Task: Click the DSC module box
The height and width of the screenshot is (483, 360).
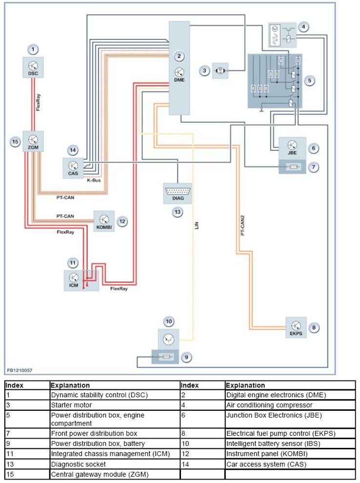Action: pyautogui.click(x=33, y=67)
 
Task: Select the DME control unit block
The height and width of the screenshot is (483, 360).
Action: pyautogui.click(x=179, y=68)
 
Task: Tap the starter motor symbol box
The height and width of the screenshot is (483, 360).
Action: pyautogui.click(x=220, y=71)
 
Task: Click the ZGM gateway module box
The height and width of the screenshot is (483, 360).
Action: pyautogui.click(x=33, y=141)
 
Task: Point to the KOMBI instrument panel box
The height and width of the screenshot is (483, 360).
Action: pyautogui.click(x=104, y=221)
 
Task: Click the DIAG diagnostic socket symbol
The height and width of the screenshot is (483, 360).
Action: pyautogui.click(x=178, y=194)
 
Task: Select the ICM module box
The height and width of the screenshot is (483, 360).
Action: pyautogui.click(x=74, y=280)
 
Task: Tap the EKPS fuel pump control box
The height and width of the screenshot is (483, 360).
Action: pyautogui.click(x=296, y=327)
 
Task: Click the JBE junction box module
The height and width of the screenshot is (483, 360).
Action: pyautogui.click(x=292, y=146)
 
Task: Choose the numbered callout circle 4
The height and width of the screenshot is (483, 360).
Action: pyautogui.click(x=304, y=27)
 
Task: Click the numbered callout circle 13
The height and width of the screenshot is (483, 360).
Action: pyautogui.click(x=178, y=212)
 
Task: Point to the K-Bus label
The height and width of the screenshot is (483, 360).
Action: pyautogui.click(x=94, y=181)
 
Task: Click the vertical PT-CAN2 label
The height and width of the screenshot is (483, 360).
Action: pyautogui.click(x=242, y=225)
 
